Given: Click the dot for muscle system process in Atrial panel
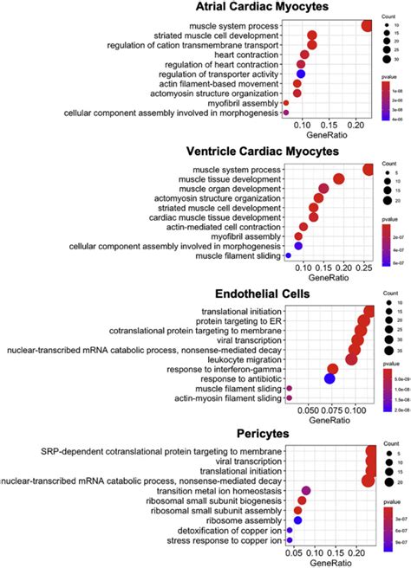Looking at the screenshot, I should (368, 25).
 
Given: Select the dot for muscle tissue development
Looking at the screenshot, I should (338, 179).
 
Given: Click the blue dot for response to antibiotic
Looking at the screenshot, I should (329, 378).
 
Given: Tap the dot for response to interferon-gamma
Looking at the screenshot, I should (332, 368).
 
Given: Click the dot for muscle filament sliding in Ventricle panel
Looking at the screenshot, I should (288, 256).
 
